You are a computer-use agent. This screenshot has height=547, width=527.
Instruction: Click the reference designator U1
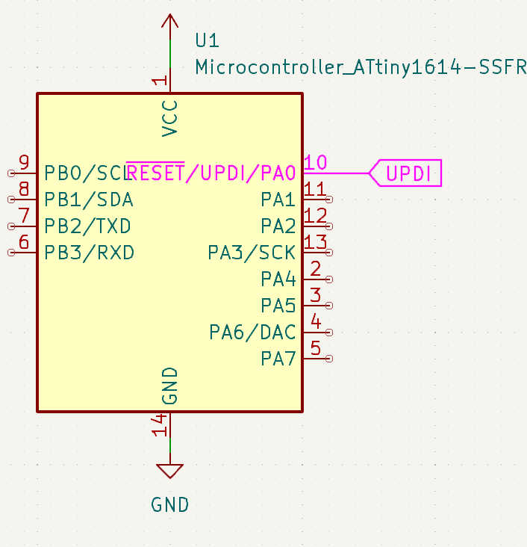point(207,40)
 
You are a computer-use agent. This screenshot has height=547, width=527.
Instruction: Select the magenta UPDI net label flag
point(408,173)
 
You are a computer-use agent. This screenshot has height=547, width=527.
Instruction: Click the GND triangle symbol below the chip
point(170,472)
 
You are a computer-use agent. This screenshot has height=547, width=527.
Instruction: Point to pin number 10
point(316,162)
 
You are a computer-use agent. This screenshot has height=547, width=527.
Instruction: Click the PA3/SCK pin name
point(252,253)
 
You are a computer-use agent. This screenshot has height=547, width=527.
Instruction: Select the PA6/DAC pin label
point(252,332)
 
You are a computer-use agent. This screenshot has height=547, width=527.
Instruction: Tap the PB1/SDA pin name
point(89,200)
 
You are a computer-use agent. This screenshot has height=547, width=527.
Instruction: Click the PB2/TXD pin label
point(88,226)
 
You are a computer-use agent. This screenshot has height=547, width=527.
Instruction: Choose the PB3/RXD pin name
point(89,253)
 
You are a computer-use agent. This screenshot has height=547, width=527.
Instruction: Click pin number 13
point(316,241)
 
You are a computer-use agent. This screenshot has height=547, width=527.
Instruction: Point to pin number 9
point(24,162)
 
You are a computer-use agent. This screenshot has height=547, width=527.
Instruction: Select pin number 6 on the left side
point(24,241)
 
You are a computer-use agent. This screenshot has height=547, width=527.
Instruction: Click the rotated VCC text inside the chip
point(170,117)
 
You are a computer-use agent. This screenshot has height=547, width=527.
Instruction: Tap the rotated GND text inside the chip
point(170,386)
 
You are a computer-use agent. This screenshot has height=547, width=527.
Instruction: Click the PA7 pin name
point(278,359)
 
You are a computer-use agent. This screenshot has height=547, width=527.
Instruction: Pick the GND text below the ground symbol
point(170,504)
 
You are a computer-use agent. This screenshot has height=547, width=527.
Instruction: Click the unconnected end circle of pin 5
point(330,359)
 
